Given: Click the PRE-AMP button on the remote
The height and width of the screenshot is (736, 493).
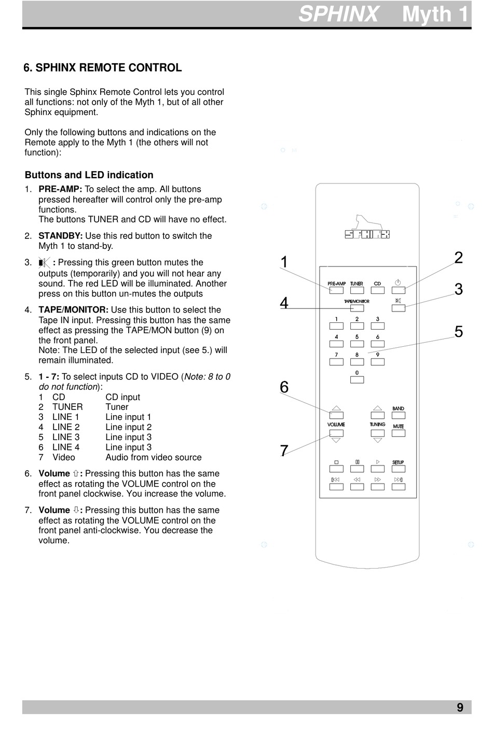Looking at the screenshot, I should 336,290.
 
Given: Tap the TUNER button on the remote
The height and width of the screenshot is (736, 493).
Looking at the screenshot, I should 357,290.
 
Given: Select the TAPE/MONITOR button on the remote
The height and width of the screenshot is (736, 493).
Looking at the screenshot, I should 357,308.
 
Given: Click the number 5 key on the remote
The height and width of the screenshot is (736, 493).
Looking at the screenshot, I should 357,344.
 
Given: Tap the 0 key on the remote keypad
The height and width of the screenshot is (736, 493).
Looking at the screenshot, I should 357,380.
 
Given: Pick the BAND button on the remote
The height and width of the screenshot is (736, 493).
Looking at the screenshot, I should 398,415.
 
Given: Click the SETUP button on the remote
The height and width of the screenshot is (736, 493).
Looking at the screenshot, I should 398,469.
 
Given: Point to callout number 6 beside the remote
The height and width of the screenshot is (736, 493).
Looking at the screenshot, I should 284,387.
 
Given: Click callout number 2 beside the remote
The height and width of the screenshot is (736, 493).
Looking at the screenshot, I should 458,258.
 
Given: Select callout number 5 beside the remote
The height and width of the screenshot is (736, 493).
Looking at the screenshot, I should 458,332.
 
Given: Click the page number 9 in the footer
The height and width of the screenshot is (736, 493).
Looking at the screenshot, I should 460,707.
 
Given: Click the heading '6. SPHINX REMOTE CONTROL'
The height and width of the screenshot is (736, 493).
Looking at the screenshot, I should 103,68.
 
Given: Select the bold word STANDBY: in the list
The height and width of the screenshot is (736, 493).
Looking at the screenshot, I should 61,236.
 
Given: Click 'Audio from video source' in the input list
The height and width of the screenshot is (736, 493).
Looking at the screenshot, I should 154,457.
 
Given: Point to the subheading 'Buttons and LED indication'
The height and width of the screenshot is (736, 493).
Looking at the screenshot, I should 89,175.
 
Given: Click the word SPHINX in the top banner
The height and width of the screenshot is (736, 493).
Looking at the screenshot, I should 339,15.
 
